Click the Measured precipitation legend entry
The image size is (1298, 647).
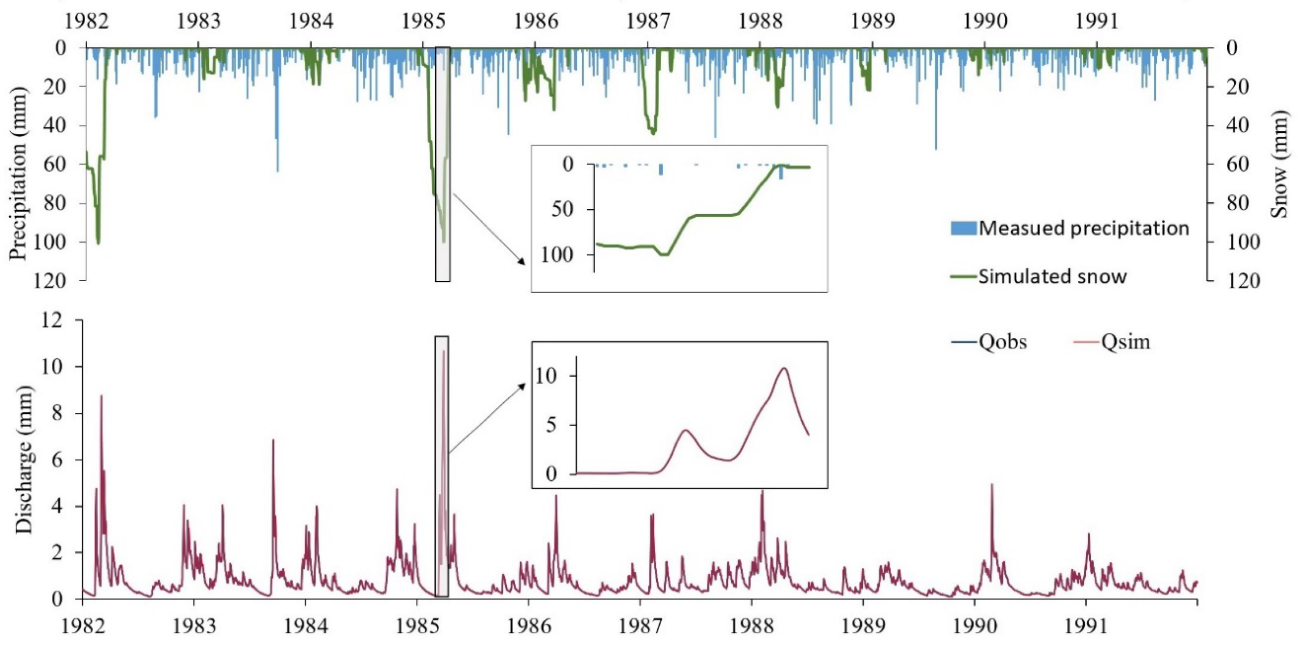1083,228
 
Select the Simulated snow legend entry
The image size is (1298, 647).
1052,276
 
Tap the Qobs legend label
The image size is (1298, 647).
1003,342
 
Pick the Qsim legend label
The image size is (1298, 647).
1126,342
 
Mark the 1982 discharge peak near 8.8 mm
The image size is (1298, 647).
101,396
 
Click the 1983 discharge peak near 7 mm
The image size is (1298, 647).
273,440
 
